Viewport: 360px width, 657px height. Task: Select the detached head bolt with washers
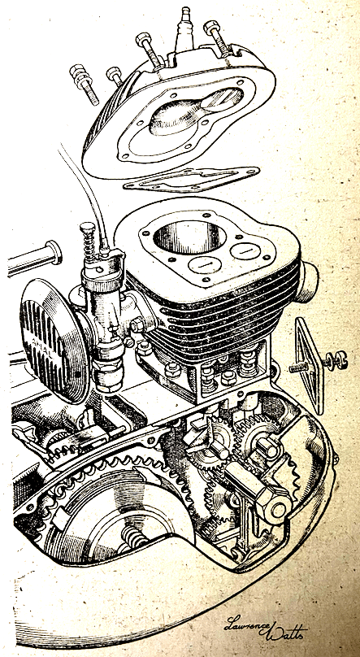85,83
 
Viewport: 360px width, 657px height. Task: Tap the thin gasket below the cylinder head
191,179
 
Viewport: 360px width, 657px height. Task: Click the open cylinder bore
189,237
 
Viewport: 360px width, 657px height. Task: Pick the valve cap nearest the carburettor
205,265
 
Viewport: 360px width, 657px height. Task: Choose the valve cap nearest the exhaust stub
245,250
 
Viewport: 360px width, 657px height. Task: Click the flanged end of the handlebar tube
54,252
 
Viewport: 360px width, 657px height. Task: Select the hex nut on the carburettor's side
138,324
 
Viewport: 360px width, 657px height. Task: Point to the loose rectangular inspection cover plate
309,365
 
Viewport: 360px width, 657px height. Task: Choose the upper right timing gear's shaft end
267,449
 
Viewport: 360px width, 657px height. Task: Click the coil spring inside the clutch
134,537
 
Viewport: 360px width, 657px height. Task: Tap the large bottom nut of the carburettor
108,374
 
